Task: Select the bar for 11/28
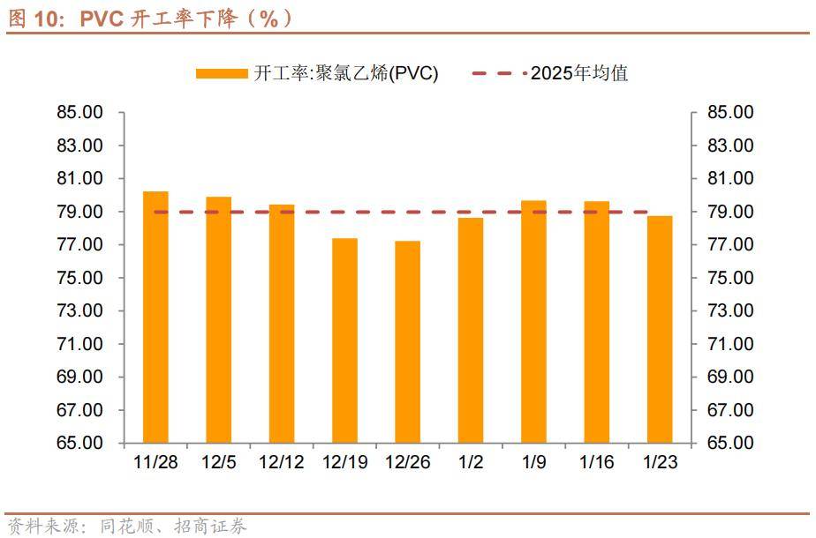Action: click(x=155, y=318)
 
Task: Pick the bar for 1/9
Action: click(x=533, y=322)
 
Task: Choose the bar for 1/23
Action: click(x=660, y=329)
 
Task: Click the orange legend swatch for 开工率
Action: click(x=222, y=73)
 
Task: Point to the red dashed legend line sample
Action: click(x=499, y=73)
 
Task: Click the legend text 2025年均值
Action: click(x=579, y=73)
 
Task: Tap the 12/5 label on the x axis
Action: click(x=218, y=462)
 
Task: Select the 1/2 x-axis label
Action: click(x=470, y=462)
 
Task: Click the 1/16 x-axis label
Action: click(x=596, y=462)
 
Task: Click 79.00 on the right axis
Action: click(x=731, y=212)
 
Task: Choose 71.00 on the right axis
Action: click(x=731, y=344)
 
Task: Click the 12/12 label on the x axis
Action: click(x=282, y=462)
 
